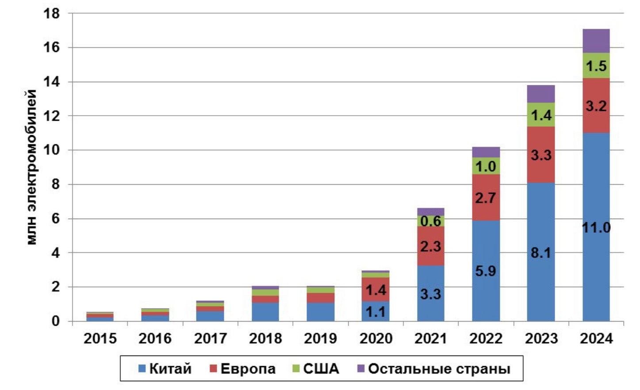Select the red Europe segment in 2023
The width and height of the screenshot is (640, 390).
point(540,155)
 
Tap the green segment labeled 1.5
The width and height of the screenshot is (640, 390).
point(596,66)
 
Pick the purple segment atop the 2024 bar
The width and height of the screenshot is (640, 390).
point(596,41)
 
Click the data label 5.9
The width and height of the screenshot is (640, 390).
point(486,271)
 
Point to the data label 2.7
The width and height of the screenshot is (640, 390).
point(486,198)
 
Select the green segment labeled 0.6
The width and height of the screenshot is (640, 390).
point(430,221)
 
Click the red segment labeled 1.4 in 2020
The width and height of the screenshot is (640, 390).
point(376,290)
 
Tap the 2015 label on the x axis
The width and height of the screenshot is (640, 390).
point(100,338)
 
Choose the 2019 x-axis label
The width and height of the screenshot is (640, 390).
point(320,338)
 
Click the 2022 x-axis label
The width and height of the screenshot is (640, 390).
point(486,338)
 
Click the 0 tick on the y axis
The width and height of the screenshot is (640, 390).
point(55,321)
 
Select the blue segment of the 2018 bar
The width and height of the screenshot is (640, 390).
point(265,312)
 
